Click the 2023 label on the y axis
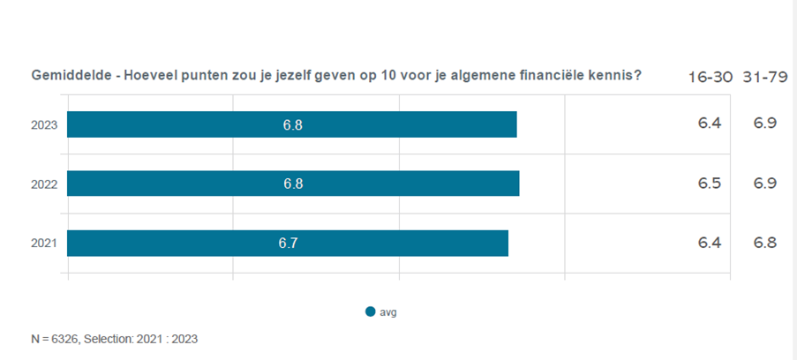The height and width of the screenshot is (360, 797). click(44, 125)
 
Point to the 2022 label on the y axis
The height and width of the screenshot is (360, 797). click(44, 184)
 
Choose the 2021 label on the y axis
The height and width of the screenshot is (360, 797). click(44, 244)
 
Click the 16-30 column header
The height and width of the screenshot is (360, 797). click(711, 77)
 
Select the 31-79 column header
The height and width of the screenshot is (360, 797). click(765, 77)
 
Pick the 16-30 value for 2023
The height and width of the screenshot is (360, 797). click(710, 123)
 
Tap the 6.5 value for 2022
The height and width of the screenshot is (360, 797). click(710, 184)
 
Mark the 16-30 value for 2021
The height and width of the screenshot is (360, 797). click(710, 243)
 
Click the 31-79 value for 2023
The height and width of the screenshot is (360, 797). click(764, 123)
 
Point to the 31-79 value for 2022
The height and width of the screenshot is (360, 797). click(764, 184)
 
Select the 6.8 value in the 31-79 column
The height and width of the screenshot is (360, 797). click(764, 243)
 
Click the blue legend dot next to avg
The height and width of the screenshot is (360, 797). click(370, 311)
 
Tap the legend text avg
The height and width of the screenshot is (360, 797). click(388, 311)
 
